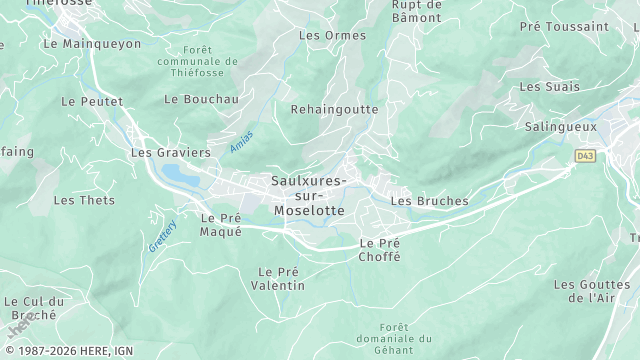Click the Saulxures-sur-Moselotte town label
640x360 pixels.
click(x=308, y=196)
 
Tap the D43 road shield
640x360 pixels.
click(x=585, y=156)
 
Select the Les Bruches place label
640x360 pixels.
click(x=429, y=201)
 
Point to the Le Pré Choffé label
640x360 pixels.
click(x=380, y=250)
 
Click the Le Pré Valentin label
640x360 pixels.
click(x=281, y=278)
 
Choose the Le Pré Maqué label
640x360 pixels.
click(x=221, y=224)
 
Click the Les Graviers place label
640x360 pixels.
click(x=170, y=153)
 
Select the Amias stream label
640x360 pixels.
click(x=241, y=141)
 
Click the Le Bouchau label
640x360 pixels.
click(x=201, y=99)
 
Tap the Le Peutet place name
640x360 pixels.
click(x=91, y=102)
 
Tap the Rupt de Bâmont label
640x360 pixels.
click(x=416, y=11)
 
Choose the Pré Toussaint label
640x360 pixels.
click(x=564, y=27)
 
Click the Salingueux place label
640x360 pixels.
click(x=561, y=127)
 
